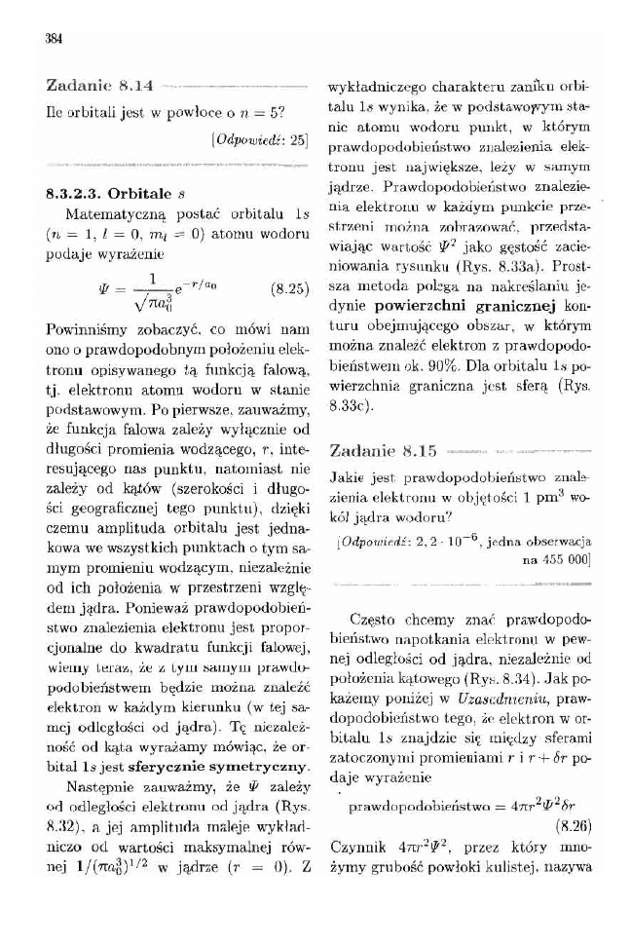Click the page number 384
pos(54,38)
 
